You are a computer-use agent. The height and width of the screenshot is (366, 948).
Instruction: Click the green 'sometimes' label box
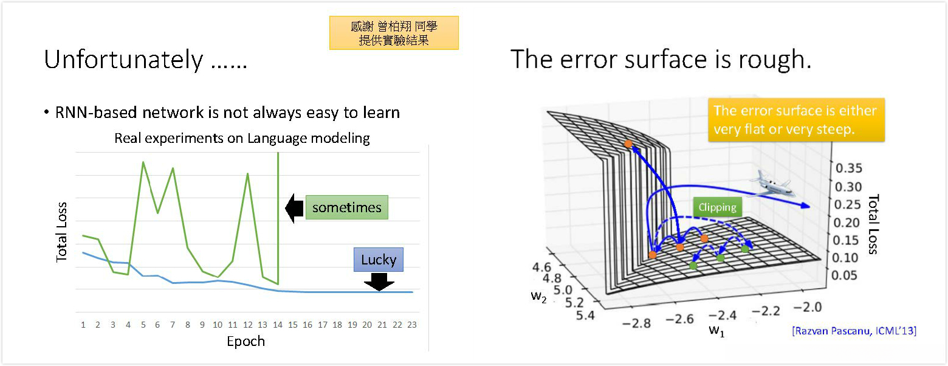point(346,207)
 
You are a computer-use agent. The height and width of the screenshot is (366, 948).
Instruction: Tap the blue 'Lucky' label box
point(379,259)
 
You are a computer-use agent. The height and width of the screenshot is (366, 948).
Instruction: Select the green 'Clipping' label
point(717,207)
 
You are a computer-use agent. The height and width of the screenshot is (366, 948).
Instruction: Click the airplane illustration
point(772,185)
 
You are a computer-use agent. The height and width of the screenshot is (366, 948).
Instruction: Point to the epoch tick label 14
point(278,325)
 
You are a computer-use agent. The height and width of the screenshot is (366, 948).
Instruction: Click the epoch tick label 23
point(412,325)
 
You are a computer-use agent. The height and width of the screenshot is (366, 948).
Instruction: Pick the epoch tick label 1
point(83,325)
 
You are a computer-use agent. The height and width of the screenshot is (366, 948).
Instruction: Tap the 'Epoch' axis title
point(246,342)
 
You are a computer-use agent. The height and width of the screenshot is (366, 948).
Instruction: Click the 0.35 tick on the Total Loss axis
point(848,168)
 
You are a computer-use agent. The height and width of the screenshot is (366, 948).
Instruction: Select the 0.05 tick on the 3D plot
point(844,275)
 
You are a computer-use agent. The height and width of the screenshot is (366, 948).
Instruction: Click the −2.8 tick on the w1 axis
point(636,323)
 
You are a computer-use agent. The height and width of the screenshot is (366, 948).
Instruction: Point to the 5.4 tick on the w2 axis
point(585,315)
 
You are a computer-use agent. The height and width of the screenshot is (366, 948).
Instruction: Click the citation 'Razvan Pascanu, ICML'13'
point(854,331)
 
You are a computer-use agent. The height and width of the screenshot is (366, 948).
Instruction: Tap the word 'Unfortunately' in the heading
point(123,60)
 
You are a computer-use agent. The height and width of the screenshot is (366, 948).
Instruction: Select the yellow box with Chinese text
point(394,33)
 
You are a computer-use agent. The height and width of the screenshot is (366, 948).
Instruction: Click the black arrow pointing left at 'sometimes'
point(294,208)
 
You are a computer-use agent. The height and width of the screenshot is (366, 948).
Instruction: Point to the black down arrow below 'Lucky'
point(379,282)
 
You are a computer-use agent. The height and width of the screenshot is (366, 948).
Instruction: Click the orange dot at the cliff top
point(628,144)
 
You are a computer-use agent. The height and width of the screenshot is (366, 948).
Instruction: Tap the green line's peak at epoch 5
point(143,162)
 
